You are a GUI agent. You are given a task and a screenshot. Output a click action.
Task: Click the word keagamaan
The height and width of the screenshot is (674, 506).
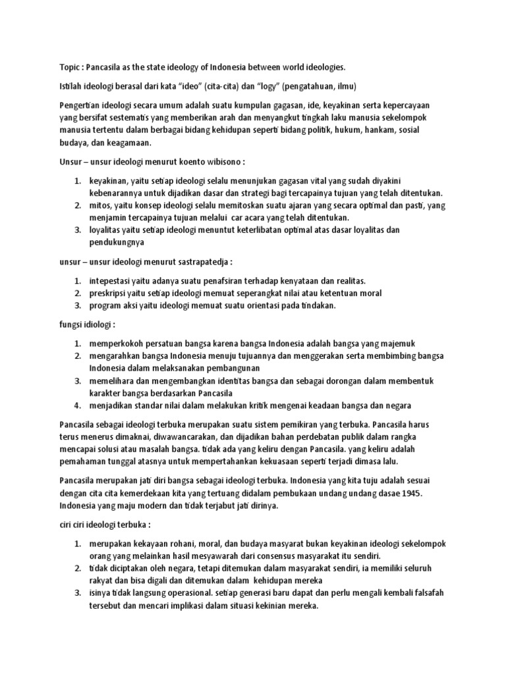(x=129, y=143)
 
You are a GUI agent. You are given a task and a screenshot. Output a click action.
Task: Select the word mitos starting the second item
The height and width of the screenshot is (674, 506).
(x=100, y=205)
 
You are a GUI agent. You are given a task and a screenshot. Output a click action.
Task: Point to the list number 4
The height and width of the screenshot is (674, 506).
(x=77, y=405)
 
